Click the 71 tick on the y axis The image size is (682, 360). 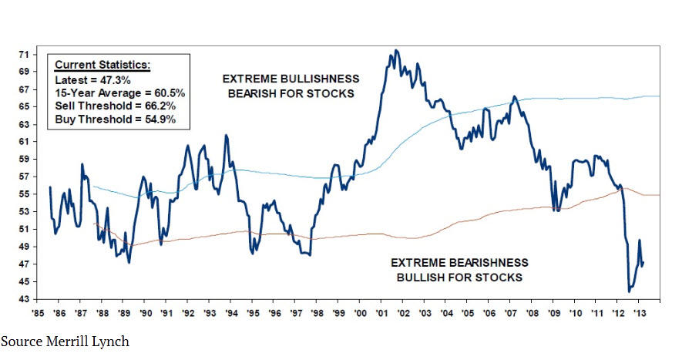(x=24, y=55)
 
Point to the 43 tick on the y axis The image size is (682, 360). (x=24, y=298)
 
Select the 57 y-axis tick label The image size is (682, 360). (x=24, y=177)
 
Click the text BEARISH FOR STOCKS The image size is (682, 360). (x=289, y=93)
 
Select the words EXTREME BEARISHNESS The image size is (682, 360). (x=459, y=263)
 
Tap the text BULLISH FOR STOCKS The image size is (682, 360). (x=459, y=277)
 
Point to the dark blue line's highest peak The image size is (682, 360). (x=396, y=51)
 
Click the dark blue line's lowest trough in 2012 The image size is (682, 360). (x=629, y=291)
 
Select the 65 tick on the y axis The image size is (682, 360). (x=24, y=106)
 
